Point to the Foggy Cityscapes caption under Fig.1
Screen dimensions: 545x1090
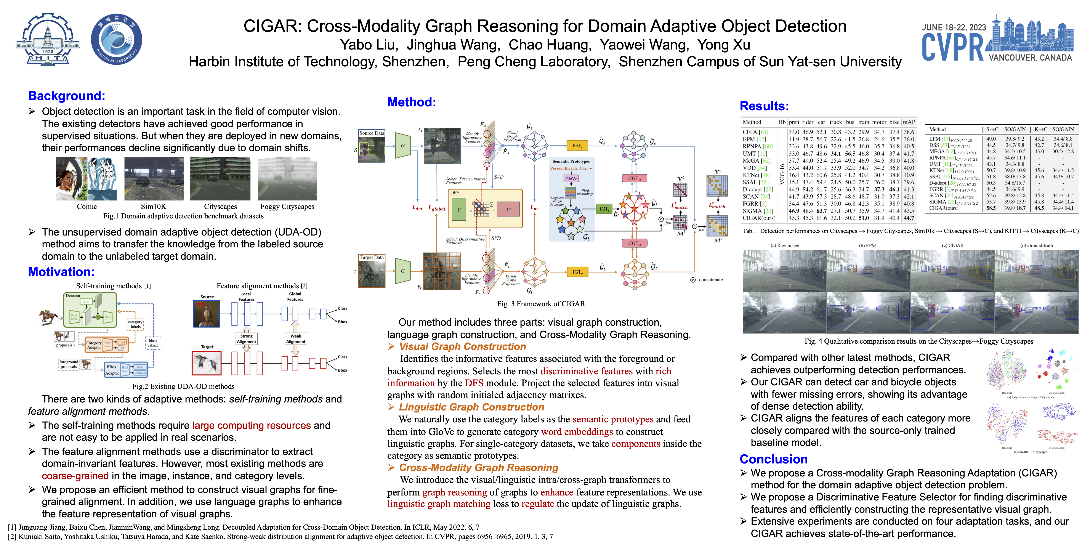pos(287,207)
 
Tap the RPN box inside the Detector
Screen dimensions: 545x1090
pos(86,302)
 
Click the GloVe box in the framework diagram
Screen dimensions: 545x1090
pos(571,179)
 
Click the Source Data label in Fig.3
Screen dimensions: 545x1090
pos(372,133)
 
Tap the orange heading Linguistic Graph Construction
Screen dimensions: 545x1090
pos(471,407)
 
